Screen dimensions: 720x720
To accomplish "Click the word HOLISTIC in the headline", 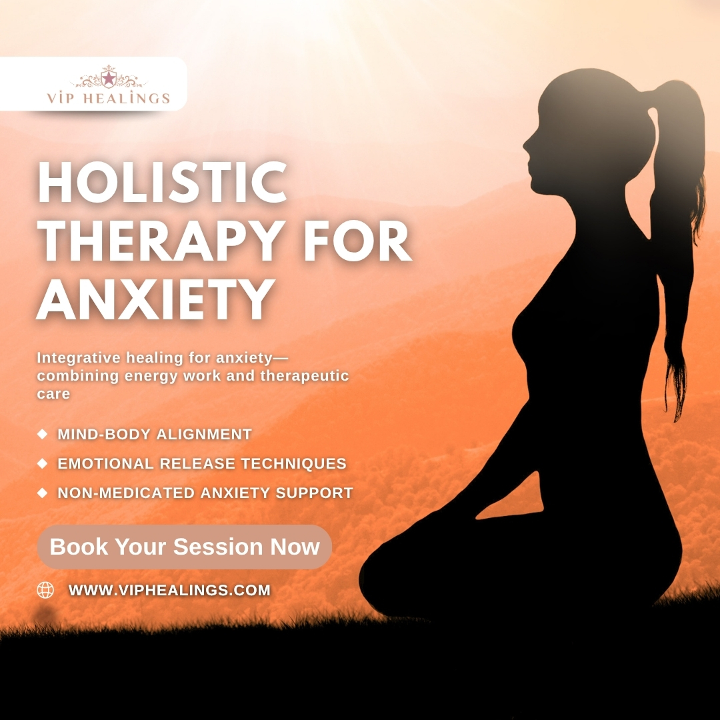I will (162, 183).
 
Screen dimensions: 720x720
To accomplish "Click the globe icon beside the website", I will (45, 590).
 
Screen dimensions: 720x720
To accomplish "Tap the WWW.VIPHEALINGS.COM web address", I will (169, 590).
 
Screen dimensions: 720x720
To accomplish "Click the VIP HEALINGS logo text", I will (109, 99).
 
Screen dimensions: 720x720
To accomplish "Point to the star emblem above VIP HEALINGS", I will (108, 77).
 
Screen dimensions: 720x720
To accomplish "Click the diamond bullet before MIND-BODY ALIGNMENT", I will (43, 434).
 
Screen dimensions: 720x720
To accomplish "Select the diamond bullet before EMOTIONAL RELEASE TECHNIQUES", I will (43, 463).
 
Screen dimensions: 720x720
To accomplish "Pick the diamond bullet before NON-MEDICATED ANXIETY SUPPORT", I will (43, 493).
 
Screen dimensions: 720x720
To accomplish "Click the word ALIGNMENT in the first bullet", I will (203, 435).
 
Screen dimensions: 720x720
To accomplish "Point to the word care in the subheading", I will (53, 393).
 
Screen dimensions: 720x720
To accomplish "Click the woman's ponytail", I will (680, 200).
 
